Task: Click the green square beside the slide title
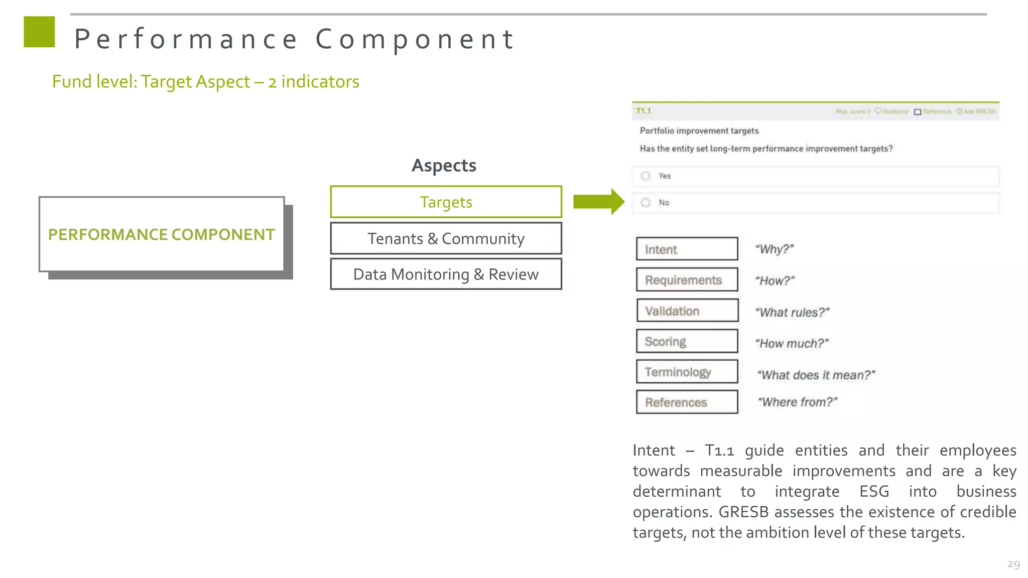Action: pos(39,32)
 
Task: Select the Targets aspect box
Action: pos(446,202)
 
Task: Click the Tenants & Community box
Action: pos(446,239)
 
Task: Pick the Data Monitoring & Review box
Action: pos(446,274)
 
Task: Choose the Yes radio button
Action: pos(646,176)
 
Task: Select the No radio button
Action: pos(646,203)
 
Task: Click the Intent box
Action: pos(687,249)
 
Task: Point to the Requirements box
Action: pos(687,280)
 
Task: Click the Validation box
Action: pos(687,311)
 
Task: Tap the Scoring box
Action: pos(687,342)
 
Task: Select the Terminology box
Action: pos(687,372)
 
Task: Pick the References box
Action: pos(687,402)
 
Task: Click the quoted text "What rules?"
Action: pos(792,313)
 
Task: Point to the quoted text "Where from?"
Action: pos(797,402)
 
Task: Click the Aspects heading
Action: pos(444,166)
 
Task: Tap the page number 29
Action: pos(1013,564)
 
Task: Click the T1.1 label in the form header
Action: pos(643,111)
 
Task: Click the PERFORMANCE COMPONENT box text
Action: pos(161,235)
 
